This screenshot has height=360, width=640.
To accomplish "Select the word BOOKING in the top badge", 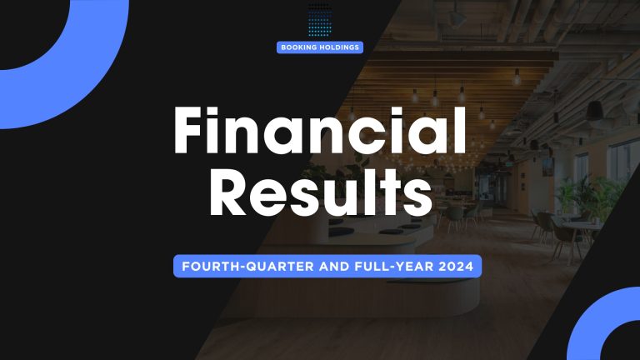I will coord(300,47).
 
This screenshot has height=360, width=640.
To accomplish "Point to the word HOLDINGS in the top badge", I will coord(339,47).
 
